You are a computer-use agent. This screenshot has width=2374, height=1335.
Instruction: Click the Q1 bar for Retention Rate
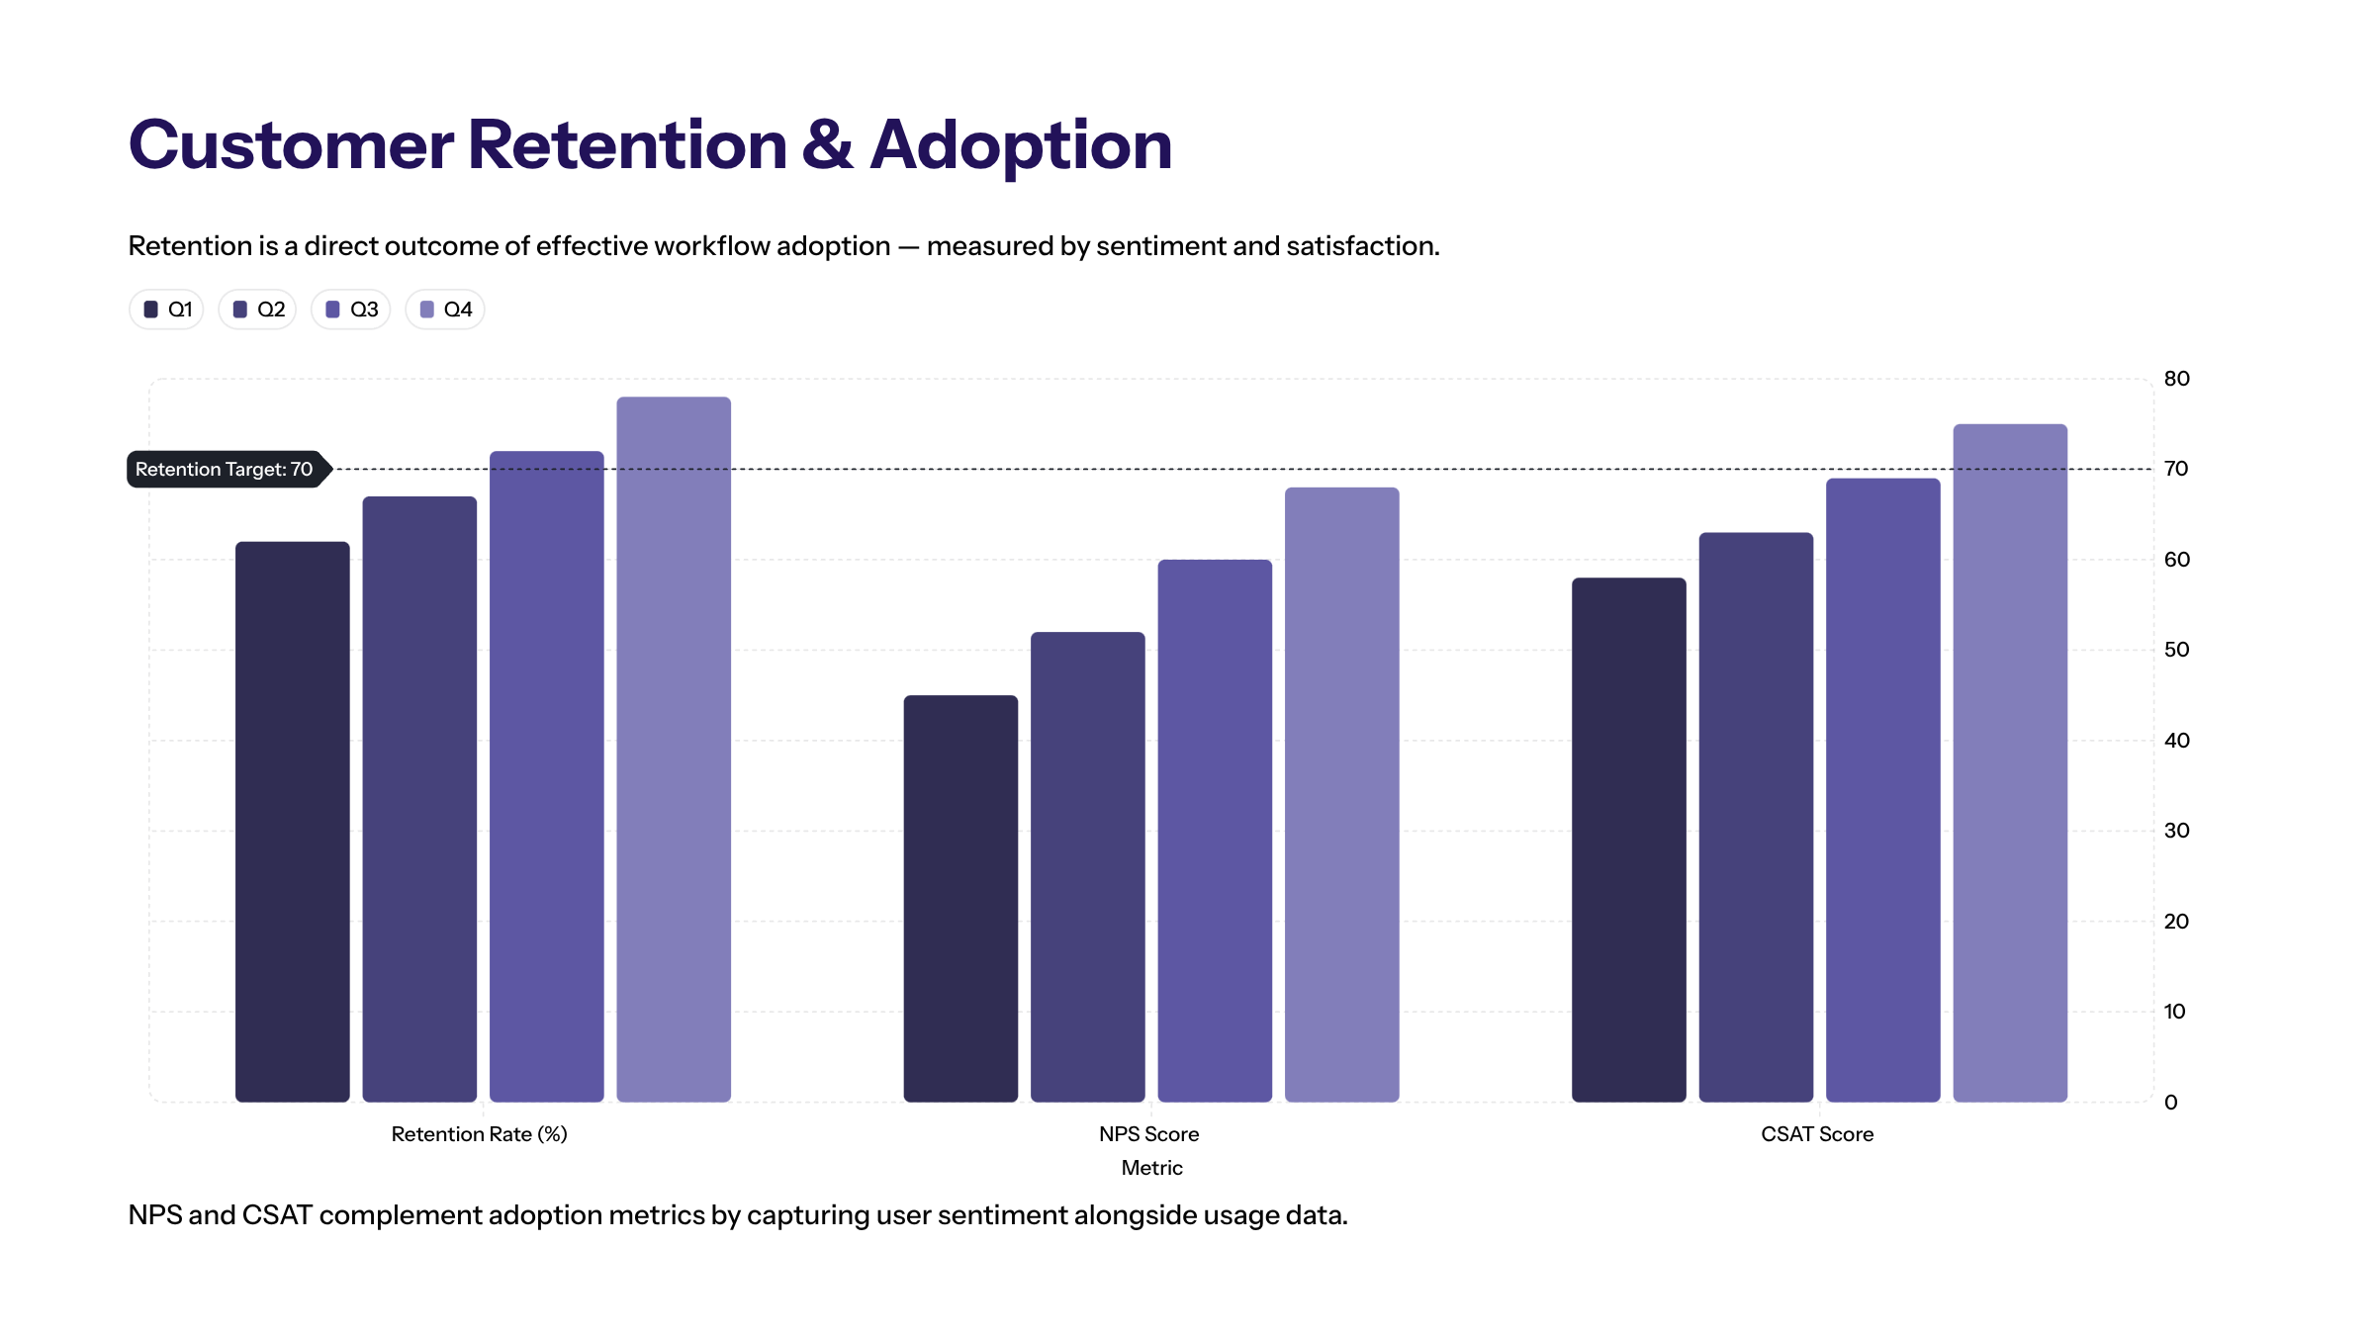pos(292,821)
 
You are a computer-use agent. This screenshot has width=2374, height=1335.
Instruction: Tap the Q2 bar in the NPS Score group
pos(1087,866)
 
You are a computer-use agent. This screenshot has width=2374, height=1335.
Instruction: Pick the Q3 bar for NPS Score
pos(1215,830)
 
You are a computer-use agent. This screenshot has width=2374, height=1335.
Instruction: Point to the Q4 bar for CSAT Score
pos(2010,762)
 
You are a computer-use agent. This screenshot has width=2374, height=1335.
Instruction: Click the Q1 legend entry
pos(167,310)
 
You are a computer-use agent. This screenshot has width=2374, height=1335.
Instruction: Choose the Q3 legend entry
pos(351,310)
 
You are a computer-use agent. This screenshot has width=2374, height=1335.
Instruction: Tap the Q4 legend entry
pos(445,310)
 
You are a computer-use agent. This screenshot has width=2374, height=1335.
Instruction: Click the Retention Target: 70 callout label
pos(225,469)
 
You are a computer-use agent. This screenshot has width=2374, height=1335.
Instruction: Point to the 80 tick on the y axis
pos(2176,379)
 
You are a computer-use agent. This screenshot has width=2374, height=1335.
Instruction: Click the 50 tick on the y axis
pos(2176,650)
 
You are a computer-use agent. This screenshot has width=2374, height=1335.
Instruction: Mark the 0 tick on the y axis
pos(2170,1102)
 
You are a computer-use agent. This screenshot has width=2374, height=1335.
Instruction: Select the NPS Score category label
pos(1148,1134)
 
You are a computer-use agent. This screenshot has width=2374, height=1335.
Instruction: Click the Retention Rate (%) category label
pos(479,1134)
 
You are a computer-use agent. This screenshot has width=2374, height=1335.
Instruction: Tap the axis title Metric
pos(1151,1168)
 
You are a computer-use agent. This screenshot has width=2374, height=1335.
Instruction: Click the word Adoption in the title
pos(1021,146)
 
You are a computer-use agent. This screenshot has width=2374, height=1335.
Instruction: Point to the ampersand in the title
pos(827,144)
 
